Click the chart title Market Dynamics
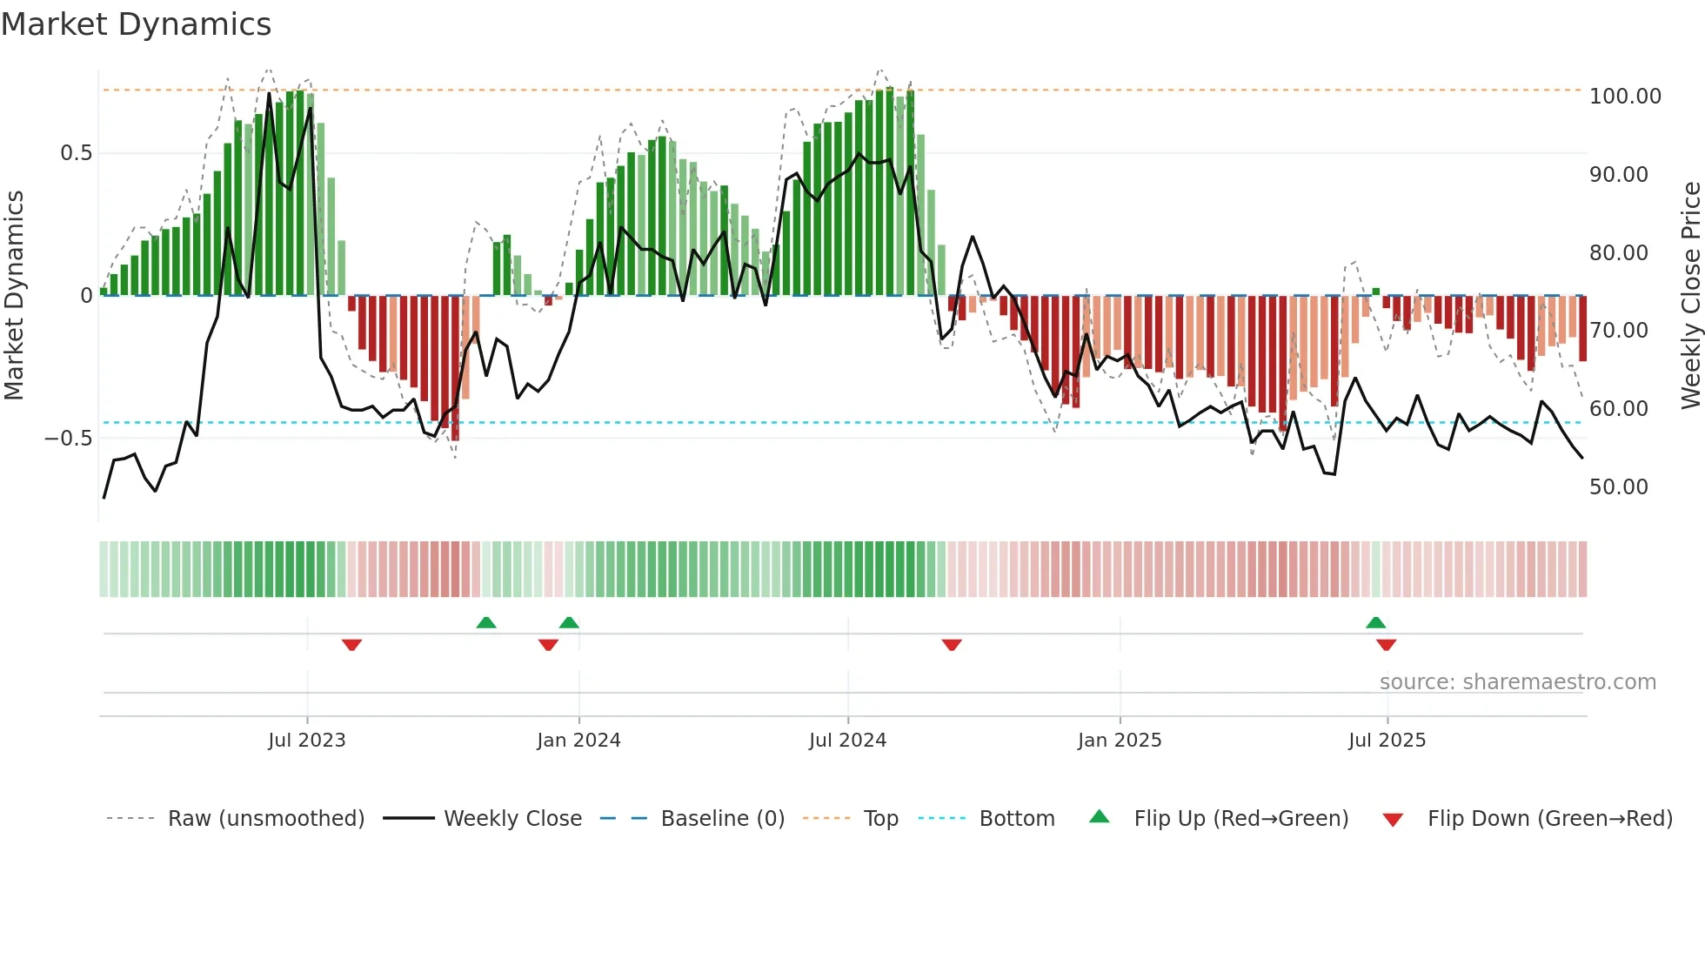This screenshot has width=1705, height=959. tap(136, 24)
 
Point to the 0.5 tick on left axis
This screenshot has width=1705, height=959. tap(76, 153)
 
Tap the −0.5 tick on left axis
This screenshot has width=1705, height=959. tap(68, 438)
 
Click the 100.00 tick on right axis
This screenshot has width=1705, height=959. tap(1625, 96)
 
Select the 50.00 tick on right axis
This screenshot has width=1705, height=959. tap(1618, 486)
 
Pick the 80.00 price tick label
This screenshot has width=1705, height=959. tap(1618, 252)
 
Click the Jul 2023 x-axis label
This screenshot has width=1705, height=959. tap(306, 740)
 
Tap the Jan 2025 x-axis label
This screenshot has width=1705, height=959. tap(1119, 740)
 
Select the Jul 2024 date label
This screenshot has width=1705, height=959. tap(847, 740)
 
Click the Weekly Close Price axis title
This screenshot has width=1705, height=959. tap(1690, 295)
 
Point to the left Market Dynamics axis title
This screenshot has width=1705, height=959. tap(14, 295)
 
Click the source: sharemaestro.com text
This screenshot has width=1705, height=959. tap(1517, 682)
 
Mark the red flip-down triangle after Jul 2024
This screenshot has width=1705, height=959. tap(952, 645)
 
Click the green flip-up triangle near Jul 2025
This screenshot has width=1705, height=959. tap(1375, 622)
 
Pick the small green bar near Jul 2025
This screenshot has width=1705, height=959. tap(1376, 292)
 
